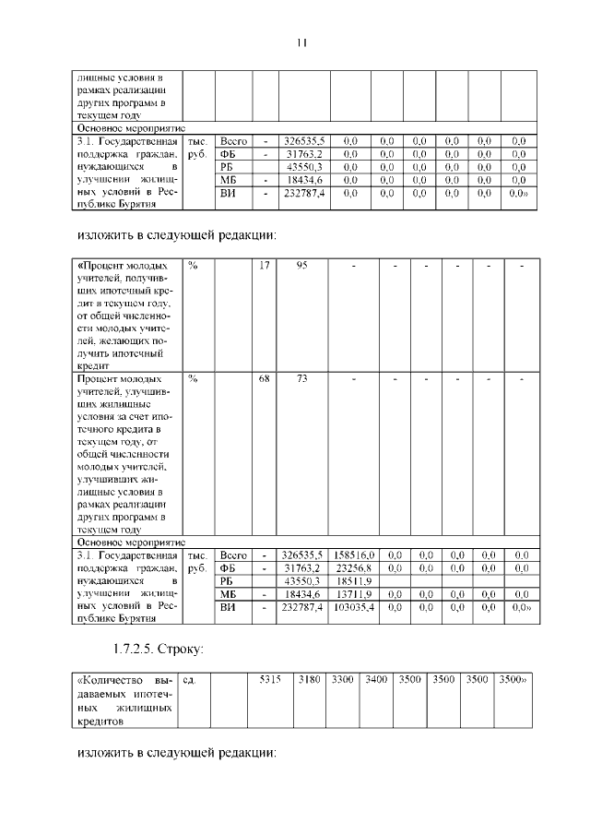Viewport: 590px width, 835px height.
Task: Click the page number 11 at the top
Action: [301, 42]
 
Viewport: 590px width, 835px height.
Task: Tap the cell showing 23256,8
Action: [354, 569]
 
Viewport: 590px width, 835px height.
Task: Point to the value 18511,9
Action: [354, 582]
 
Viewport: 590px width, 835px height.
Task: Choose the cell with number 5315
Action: [269, 679]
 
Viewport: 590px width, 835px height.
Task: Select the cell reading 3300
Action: [342, 679]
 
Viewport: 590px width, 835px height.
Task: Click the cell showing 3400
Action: [375, 679]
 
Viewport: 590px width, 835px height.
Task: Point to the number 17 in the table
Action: [265, 266]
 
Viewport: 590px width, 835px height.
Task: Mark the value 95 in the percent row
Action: [301, 266]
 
